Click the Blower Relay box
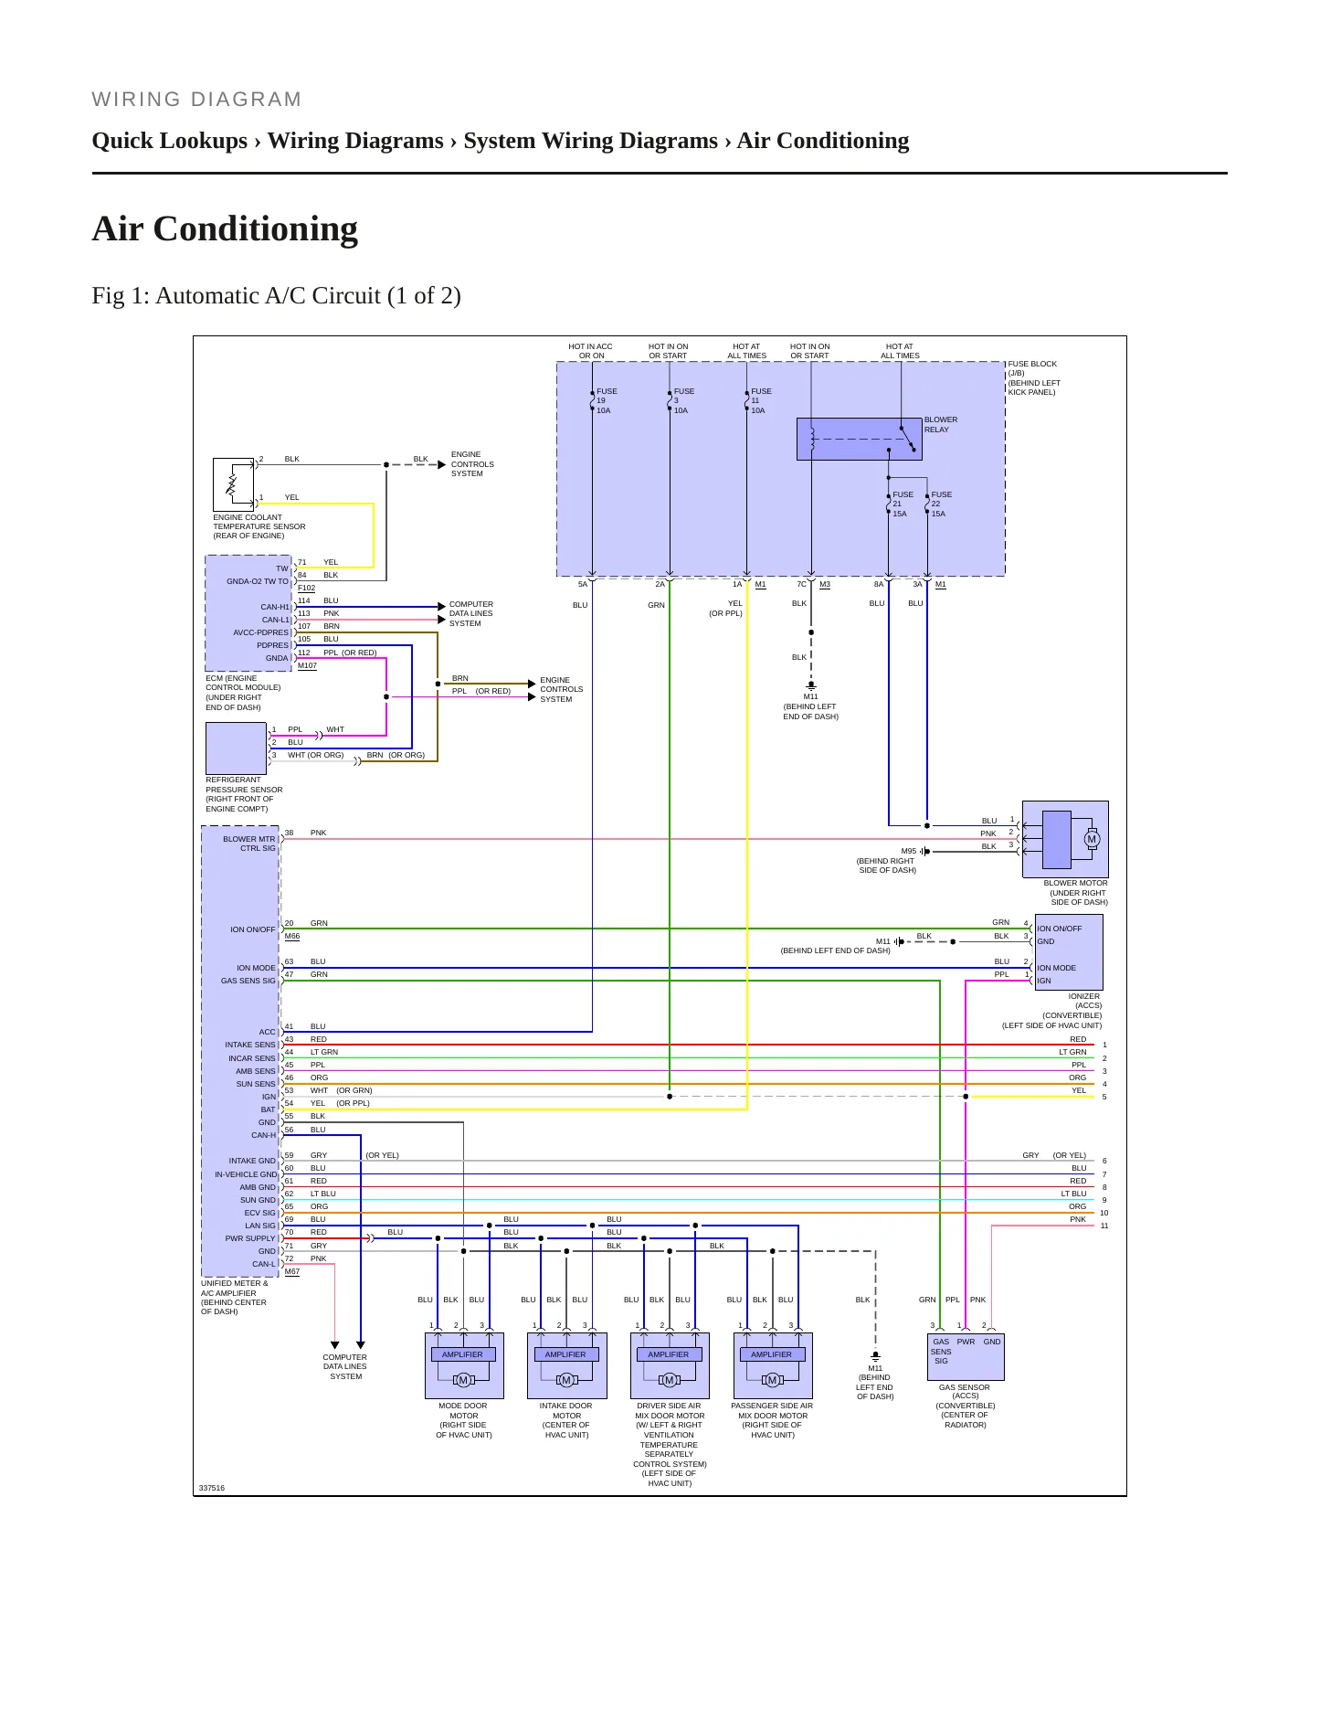coord(860,439)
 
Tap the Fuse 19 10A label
coord(607,401)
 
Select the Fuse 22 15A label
coord(941,504)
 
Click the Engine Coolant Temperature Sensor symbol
coord(233,484)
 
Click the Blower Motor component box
coord(1065,840)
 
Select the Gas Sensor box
coord(966,1356)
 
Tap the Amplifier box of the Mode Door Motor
coord(463,1354)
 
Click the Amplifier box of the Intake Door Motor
coord(565,1354)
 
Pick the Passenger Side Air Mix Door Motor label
coord(772,1420)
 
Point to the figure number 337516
coord(212,1488)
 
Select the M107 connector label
coord(307,665)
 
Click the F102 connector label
coord(306,588)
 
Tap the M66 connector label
coord(292,936)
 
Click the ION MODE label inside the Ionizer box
coord(1057,968)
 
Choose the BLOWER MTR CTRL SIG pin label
coord(249,844)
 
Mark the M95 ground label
coord(909,851)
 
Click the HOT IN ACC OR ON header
coord(591,351)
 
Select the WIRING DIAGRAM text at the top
coord(196,100)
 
